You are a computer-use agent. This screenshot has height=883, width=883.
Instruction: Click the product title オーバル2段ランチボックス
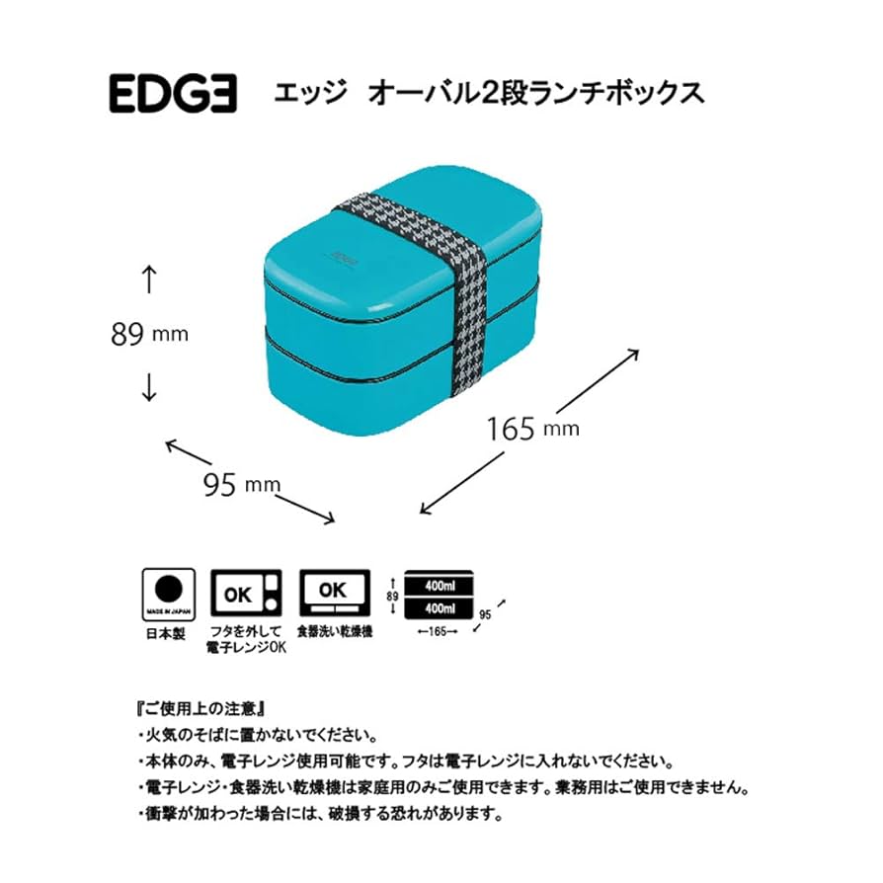point(534,94)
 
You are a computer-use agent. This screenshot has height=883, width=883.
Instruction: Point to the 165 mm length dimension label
point(532,428)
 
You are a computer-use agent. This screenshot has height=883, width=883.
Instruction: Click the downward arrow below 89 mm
point(149,386)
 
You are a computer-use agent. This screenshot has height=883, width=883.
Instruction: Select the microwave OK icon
point(247,595)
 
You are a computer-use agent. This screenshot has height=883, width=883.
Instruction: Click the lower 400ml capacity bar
point(440,606)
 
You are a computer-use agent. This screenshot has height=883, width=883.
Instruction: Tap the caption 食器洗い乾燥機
point(334,630)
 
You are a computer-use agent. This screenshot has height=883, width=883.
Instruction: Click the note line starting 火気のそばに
point(259,736)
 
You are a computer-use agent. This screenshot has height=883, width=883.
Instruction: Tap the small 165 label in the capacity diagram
point(439,630)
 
